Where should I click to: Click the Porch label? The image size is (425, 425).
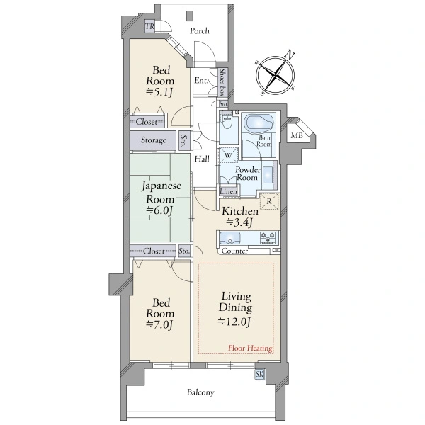coord(200,31)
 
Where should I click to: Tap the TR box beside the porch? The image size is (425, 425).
coord(149,26)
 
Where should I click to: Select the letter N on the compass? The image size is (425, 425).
coord(290,55)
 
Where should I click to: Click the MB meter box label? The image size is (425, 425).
coord(297,135)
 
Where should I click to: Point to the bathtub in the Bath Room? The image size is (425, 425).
coord(259,123)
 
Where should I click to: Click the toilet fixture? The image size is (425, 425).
coord(227,120)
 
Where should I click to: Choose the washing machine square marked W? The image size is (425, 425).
coord(228,155)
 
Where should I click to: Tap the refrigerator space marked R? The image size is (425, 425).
coord(269,201)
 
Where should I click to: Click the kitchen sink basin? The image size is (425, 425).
coord(229,238)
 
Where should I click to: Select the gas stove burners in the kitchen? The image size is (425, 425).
coord(268,238)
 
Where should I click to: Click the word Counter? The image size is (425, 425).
coord(234,251)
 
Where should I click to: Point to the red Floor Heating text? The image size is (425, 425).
coord(250,348)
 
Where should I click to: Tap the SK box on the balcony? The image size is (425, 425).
coord(259,374)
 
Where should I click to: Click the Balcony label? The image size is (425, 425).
coord(200,392)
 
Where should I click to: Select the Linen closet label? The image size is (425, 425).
coord(228,191)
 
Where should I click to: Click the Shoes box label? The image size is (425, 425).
coord(222,82)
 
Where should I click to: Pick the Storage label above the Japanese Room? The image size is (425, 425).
coord(154,140)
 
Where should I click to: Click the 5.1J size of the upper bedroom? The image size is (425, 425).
coord(159,92)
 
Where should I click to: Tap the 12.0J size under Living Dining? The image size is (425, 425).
coord(234,321)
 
